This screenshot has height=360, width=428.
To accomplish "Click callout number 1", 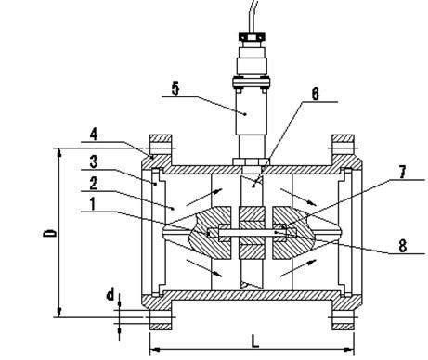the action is point(93,204).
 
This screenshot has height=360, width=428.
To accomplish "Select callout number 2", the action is point(94,184).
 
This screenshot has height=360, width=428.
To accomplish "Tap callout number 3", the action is point(94,161).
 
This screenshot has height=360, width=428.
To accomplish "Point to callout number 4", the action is point(94,135).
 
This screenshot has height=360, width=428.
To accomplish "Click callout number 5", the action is point(175,89).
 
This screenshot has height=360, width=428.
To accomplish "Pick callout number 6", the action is point(315,94).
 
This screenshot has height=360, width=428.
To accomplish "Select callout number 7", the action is point(402,172).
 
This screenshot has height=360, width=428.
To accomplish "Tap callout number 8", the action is point(402,246).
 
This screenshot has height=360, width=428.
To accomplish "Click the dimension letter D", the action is point(49,233).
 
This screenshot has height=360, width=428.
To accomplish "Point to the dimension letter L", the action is point(254,341).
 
